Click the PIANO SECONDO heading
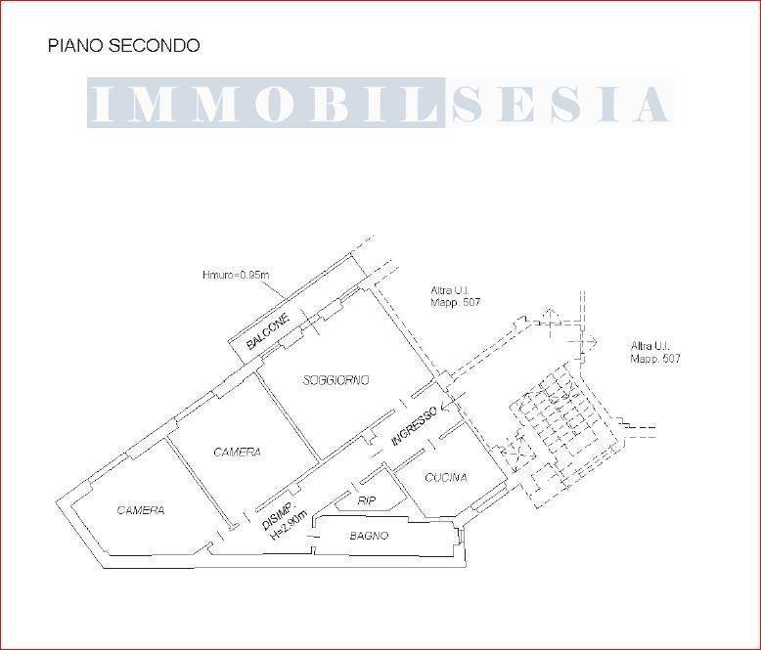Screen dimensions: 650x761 123,46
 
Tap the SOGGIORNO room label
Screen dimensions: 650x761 336,380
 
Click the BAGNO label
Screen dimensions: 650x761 369,536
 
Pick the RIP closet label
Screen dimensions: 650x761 367,499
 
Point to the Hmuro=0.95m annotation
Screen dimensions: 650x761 235,276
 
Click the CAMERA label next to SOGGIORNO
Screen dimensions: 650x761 237,453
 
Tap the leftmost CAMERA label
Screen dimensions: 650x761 141,510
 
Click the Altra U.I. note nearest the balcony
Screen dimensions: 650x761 456,296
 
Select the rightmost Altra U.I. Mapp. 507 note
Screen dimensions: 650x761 655,353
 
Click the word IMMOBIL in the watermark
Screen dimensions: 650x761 266,104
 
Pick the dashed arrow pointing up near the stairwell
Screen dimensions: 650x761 549,315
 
